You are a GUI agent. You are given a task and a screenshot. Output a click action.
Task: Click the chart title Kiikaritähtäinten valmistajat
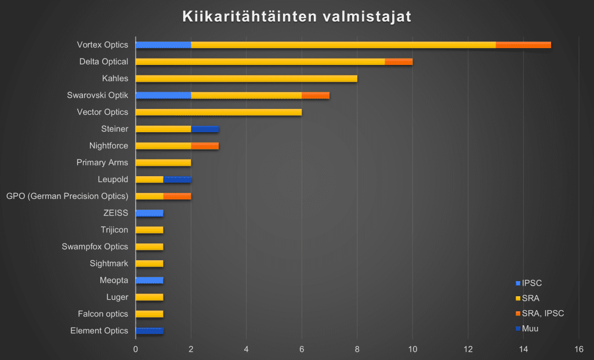296,16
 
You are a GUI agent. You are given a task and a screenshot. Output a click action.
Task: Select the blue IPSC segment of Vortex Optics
163,45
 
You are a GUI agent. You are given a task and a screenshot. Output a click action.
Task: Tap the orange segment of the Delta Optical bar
399,61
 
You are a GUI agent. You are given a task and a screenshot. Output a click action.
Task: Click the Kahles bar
246,78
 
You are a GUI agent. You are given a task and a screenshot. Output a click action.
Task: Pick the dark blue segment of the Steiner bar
205,129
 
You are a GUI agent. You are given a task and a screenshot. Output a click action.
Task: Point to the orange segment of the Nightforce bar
205,146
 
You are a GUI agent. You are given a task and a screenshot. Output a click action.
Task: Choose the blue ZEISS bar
149,213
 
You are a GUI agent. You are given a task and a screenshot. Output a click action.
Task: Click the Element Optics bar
149,330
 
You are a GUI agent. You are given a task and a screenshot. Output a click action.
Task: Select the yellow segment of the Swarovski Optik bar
246,95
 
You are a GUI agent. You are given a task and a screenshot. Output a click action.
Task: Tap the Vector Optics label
103,112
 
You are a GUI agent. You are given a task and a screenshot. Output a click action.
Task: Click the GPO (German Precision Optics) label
67,196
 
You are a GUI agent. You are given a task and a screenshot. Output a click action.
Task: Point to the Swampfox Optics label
95,246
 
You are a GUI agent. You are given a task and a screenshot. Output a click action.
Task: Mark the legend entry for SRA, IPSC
542,314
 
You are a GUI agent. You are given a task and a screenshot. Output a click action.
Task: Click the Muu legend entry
530,329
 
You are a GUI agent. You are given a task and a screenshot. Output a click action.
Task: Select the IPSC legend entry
531,283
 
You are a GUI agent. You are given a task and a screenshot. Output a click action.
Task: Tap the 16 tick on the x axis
578,350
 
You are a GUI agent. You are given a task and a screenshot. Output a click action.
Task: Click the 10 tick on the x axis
412,350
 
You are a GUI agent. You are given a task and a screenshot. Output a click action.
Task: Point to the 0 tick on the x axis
136,350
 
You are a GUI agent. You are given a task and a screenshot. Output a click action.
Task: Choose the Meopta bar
149,280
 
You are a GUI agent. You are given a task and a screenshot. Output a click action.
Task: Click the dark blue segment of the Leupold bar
177,179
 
